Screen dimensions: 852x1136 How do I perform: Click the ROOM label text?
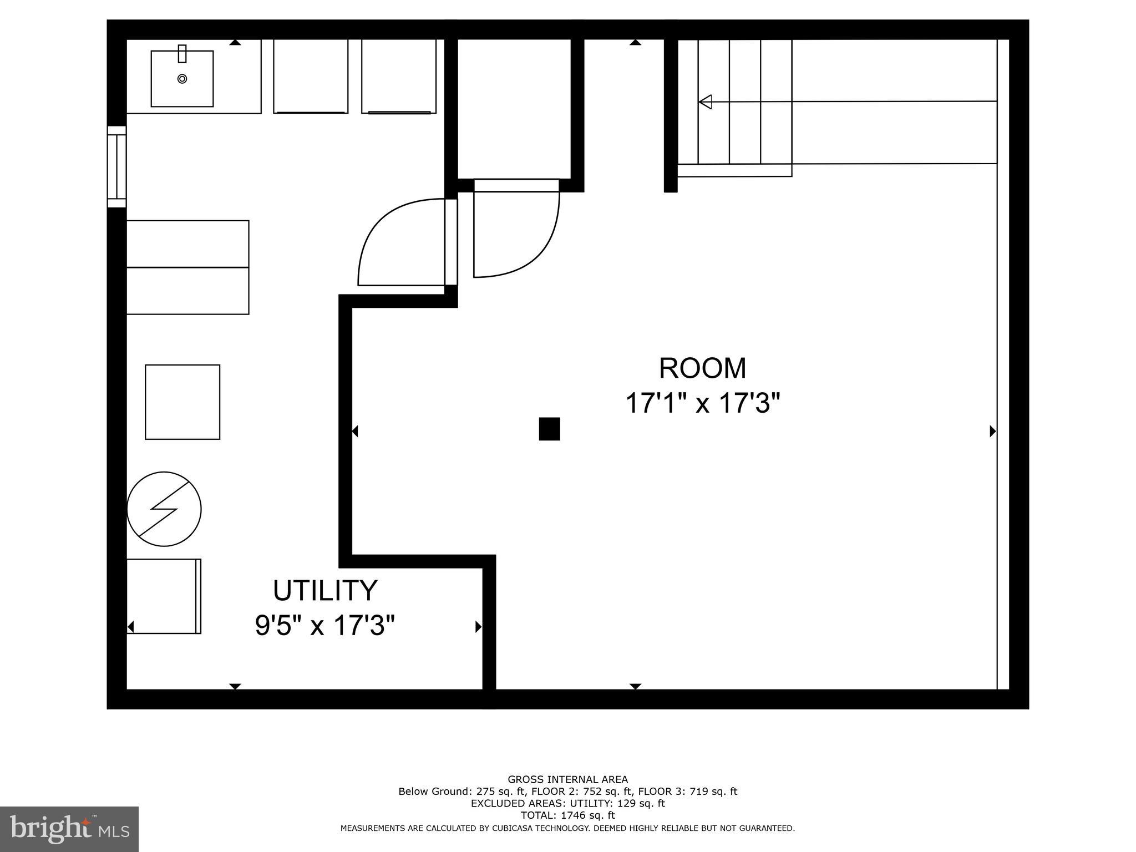[x=702, y=368]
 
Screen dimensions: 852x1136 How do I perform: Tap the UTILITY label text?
[x=325, y=591]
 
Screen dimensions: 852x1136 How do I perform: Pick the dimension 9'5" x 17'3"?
[x=325, y=626]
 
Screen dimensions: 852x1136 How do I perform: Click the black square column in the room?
[x=549, y=429]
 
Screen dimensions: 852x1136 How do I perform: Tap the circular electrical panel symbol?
[x=164, y=509]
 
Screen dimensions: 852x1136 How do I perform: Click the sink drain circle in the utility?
[x=182, y=79]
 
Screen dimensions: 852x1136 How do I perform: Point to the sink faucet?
[x=182, y=54]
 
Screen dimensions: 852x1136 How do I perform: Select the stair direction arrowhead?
[x=705, y=102]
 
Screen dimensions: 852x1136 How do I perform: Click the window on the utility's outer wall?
[x=116, y=166]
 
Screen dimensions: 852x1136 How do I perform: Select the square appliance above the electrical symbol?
[x=182, y=402]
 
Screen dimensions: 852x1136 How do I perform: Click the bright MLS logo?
[x=69, y=829]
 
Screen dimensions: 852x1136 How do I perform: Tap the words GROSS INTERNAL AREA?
[x=567, y=779]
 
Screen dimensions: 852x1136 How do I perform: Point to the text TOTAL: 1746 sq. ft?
[x=567, y=815]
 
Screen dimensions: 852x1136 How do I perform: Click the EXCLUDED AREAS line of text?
[x=567, y=803]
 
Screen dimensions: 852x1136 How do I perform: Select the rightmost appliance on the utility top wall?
[x=398, y=76]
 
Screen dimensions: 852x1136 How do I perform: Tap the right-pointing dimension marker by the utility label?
[x=478, y=627]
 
